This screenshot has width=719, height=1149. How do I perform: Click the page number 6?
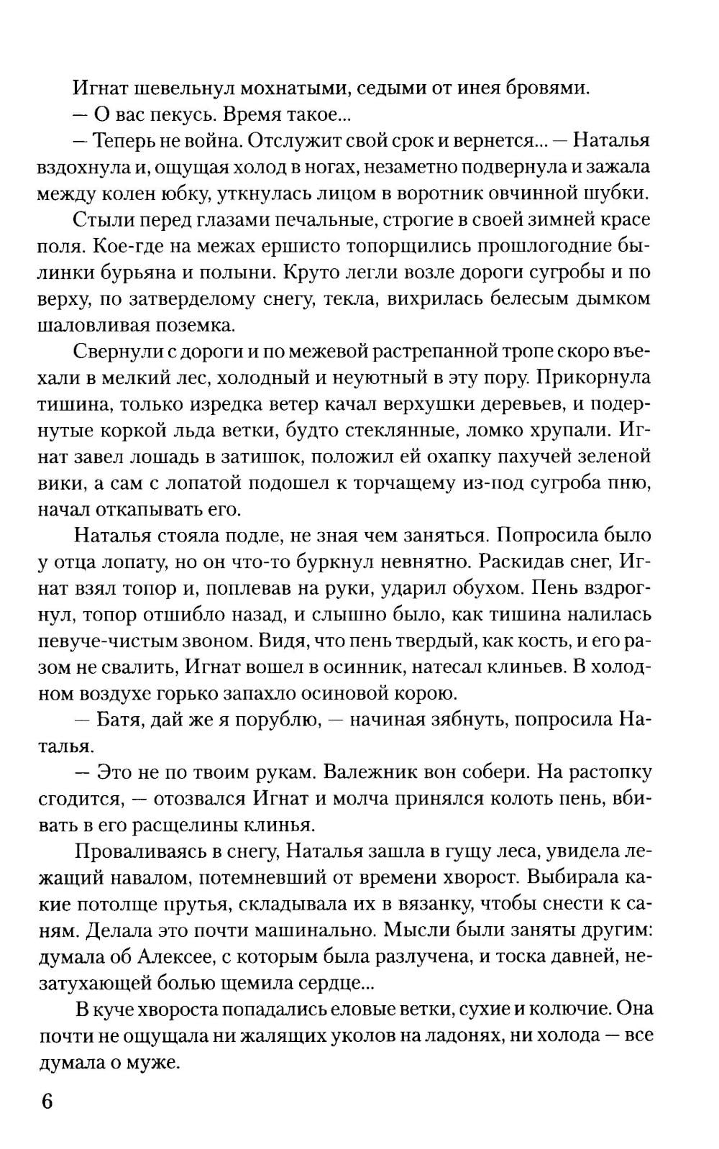(x=47, y=1102)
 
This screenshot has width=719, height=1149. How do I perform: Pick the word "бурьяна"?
(x=122, y=272)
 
